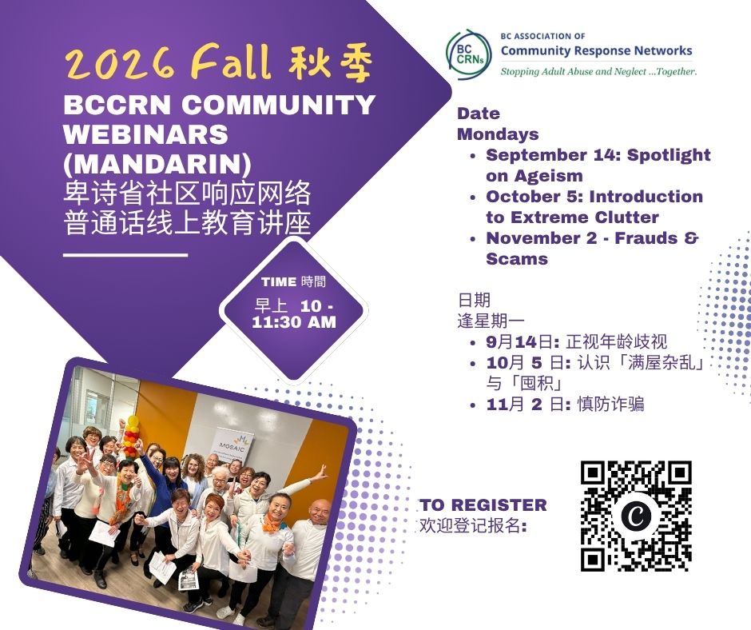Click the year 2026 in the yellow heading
click(121, 64)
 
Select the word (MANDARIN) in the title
click(157, 163)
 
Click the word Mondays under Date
click(498, 134)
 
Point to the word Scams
click(517, 259)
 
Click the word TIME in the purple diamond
click(279, 282)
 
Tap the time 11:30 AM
click(294, 322)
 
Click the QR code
click(636, 516)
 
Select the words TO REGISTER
click(483, 504)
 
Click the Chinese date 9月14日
click(521, 342)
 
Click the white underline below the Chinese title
click(125, 254)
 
